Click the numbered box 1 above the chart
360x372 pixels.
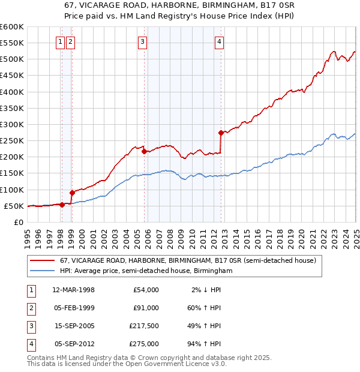tap(61, 41)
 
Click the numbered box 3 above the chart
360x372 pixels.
tap(142, 41)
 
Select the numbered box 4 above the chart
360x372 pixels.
tap(220, 41)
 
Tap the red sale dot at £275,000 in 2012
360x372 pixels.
tap(221, 133)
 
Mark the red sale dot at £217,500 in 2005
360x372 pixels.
tap(145, 151)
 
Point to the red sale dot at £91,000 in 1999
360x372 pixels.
tap(72, 193)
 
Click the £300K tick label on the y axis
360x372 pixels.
tap(12, 124)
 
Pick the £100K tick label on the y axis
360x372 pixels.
tap(12, 190)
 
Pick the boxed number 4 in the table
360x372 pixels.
tap(31, 344)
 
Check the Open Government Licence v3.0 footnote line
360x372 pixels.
tap(127, 364)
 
